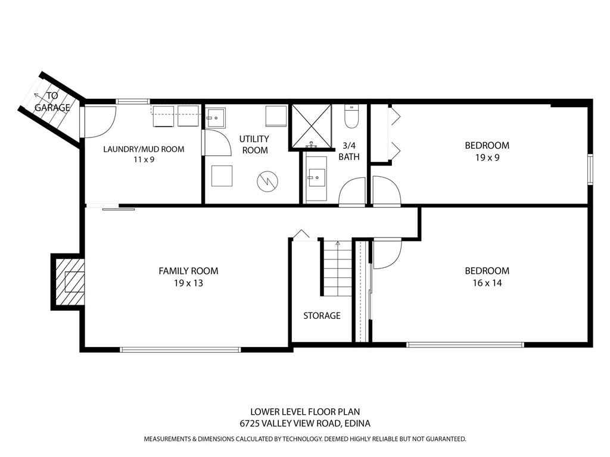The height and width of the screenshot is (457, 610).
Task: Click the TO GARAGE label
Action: (x=52, y=101)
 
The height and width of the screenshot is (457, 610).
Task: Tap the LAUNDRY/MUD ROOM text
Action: (x=144, y=149)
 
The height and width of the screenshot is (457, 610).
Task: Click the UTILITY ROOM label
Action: (x=254, y=144)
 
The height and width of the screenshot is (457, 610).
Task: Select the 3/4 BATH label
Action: (x=348, y=151)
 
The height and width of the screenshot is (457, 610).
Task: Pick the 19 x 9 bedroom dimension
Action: (x=487, y=158)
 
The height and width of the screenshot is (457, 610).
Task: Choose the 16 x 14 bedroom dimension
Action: (x=487, y=283)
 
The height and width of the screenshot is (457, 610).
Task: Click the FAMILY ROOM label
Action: (x=188, y=271)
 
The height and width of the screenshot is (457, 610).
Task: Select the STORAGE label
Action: (x=322, y=315)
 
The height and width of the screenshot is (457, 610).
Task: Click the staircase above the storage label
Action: (x=337, y=268)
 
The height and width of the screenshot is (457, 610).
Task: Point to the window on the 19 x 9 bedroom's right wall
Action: (x=590, y=170)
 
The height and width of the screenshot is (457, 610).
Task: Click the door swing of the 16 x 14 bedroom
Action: (x=387, y=253)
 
